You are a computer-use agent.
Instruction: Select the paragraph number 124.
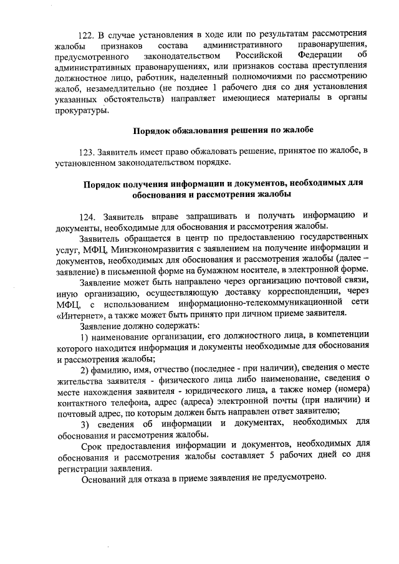89,216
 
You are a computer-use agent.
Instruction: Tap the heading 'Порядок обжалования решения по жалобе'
223,130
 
